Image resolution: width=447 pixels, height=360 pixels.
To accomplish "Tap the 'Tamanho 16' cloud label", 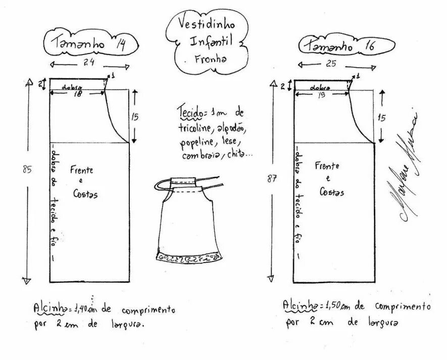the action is pos(339,45).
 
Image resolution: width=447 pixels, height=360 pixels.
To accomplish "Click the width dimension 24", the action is pos(89,63).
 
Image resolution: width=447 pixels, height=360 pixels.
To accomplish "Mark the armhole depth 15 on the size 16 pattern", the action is pos(381,118).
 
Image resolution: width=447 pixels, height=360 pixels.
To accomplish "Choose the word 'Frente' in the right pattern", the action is pos(327,166).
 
